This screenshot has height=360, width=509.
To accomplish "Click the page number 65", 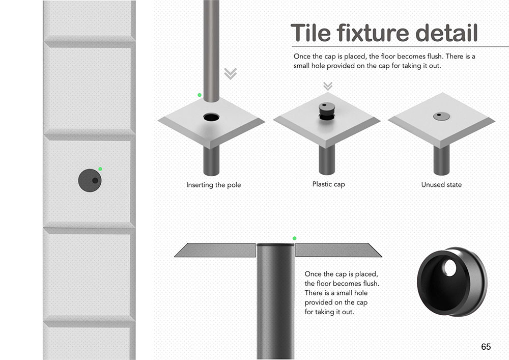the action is (x=486, y=347).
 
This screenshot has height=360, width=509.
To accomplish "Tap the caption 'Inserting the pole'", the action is (x=214, y=185).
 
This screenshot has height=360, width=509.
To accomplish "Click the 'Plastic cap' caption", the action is (x=328, y=184).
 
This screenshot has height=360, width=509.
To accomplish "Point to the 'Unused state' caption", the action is (x=441, y=184).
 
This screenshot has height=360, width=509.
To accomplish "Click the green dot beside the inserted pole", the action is (x=200, y=95).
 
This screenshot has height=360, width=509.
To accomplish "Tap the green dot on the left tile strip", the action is (x=100, y=169).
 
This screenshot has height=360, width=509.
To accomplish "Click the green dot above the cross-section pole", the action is (x=294, y=238).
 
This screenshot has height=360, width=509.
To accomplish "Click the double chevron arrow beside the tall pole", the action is (x=231, y=74).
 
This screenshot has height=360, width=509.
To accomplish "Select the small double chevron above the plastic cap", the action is (x=328, y=86).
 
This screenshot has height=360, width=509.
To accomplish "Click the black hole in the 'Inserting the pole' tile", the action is (x=211, y=117).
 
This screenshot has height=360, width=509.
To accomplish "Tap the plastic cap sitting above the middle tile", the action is (x=327, y=111).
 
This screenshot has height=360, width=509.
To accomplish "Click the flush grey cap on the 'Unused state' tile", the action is (x=441, y=116).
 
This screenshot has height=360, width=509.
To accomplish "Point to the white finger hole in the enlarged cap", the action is (x=450, y=268).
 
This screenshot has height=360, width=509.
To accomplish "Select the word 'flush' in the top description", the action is (x=435, y=56).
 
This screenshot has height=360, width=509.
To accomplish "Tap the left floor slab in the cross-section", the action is (x=215, y=251).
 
